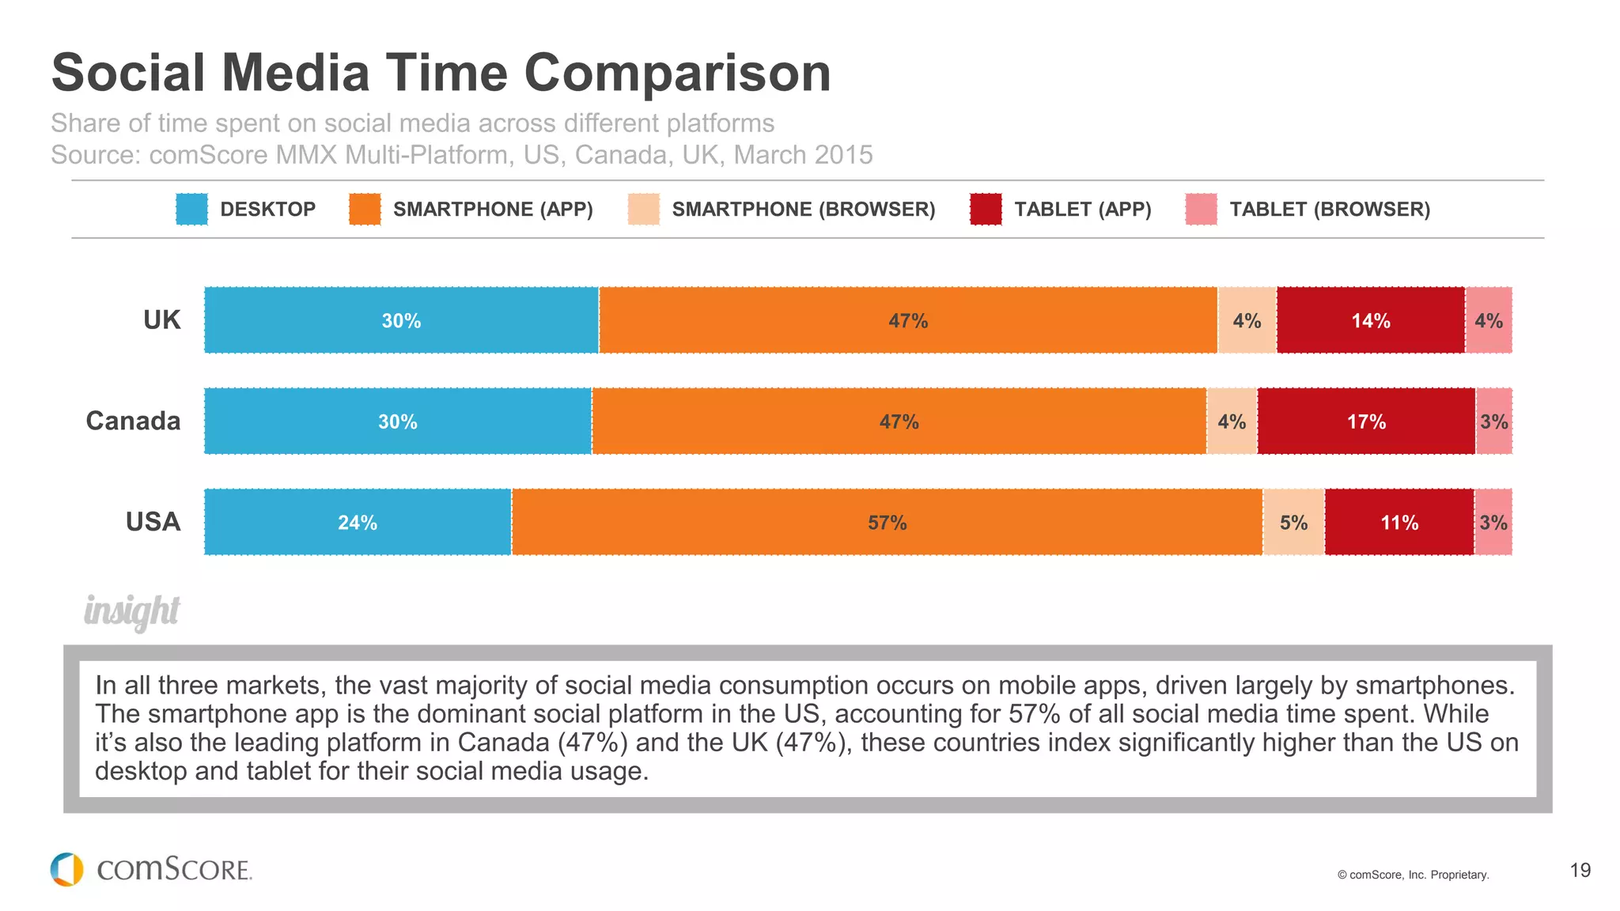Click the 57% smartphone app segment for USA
[887, 522]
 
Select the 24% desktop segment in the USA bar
[358, 522]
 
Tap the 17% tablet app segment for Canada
[1366, 421]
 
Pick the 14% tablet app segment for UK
[1370, 320]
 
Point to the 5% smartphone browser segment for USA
[1293, 522]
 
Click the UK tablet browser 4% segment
[1489, 320]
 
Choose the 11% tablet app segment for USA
[1399, 522]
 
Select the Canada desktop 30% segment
[397, 421]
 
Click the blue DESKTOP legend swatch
[191, 209]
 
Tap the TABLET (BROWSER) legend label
[1330, 209]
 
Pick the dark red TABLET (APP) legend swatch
[986, 209]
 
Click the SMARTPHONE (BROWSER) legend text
[803, 209]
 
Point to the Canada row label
[133, 421]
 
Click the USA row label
[153, 522]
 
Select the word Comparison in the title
[677, 73]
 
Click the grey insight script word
[132, 611]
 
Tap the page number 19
[1580, 870]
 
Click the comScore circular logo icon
[66, 869]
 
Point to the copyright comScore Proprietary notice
[1413, 875]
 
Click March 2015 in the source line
[803, 155]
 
